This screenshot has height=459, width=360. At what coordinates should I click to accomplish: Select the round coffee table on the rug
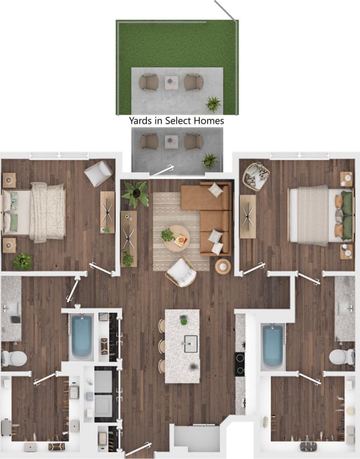pos(177,238)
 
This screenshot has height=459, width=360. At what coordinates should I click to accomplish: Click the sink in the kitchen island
pos(190,343)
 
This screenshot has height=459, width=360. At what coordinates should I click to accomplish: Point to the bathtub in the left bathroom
pos(81,337)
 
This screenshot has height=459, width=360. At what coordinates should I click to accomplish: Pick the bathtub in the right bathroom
pos(273,346)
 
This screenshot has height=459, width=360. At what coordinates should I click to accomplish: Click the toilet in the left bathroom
pos(15,358)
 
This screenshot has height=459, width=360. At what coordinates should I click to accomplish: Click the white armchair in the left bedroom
pos(98,173)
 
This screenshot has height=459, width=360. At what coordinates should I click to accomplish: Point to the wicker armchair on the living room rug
pos(181,272)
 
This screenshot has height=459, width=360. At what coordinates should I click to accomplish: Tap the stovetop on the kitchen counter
pos(240,364)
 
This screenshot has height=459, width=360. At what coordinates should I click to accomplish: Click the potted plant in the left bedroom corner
pos(23,261)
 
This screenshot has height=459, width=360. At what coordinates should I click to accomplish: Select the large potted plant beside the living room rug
pos(136,194)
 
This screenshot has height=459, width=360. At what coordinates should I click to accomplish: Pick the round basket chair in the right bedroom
pos(256,176)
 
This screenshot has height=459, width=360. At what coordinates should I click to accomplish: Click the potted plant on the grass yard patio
pos(213,103)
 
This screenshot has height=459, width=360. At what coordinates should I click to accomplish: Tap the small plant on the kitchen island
pos(183,321)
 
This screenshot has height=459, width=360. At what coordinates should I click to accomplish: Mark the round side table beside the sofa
pos(223,266)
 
